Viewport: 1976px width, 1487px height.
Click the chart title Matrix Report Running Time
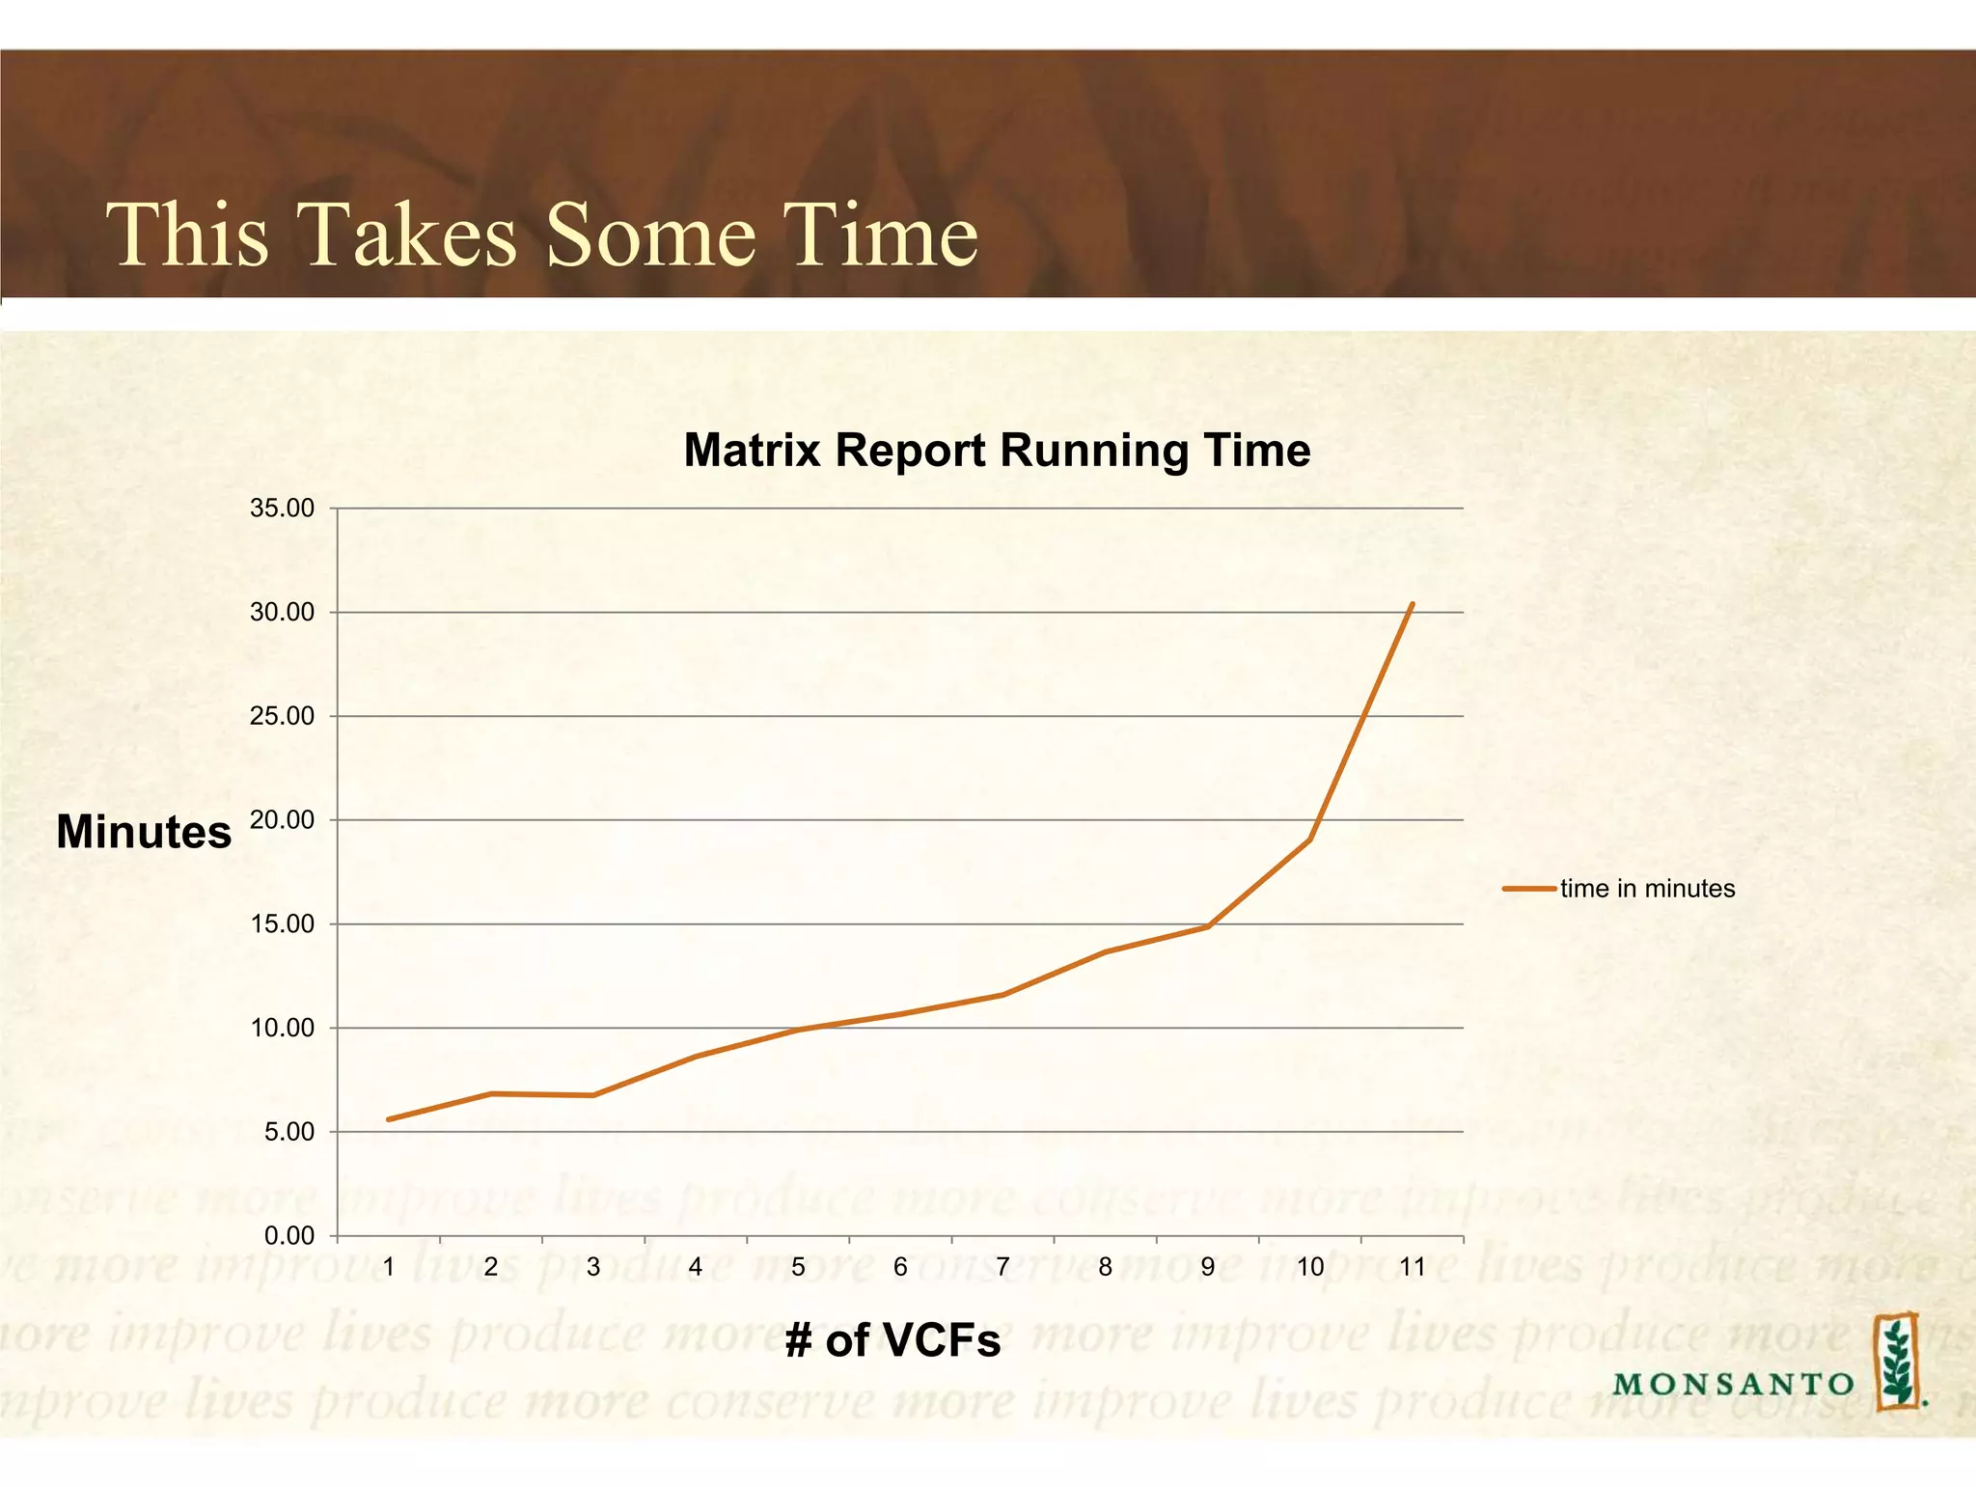click(x=996, y=451)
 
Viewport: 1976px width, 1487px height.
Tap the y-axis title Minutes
click(x=144, y=832)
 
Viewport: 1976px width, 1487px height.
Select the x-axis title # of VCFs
click(x=892, y=1340)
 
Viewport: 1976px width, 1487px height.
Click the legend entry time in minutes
click(x=1646, y=889)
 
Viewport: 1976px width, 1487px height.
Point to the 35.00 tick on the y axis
click(x=283, y=509)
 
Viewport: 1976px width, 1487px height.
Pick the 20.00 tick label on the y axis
click(x=283, y=820)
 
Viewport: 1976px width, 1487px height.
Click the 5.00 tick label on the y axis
click(x=288, y=1132)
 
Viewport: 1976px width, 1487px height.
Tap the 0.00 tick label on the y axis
click(x=288, y=1236)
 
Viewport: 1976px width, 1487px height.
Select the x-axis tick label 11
click(x=1412, y=1267)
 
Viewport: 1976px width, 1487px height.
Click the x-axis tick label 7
click(x=1002, y=1267)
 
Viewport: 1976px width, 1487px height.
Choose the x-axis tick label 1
click(x=389, y=1267)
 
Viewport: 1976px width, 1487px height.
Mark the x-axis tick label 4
click(x=696, y=1267)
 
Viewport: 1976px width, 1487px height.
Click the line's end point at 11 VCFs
click(x=1412, y=604)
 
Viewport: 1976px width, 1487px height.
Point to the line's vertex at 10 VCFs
click(x=1309, y=840)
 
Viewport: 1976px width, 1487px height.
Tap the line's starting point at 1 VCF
click(x=388, y=1119)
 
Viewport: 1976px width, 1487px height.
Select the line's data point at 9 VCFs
click(x=1207, y=926)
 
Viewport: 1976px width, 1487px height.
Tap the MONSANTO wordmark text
click(x=1732, y=1384)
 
